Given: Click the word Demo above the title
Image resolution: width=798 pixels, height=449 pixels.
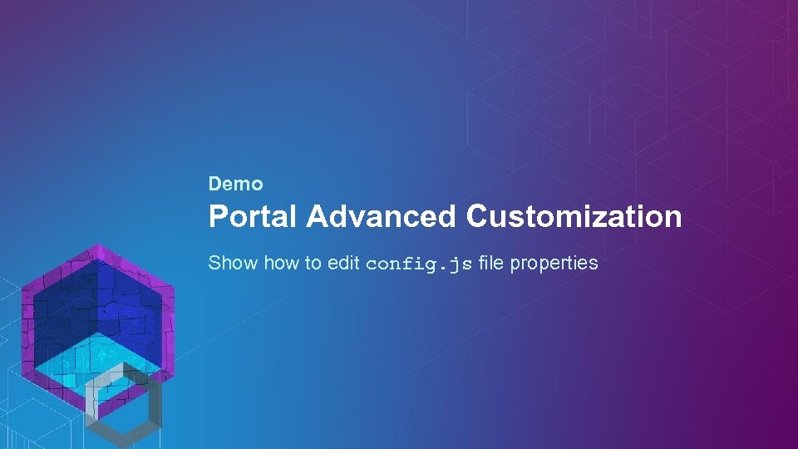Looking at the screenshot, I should point(235,184).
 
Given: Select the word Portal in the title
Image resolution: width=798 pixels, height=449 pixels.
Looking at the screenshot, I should point(252,217).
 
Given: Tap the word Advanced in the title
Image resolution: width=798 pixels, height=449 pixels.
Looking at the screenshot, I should point(381,217).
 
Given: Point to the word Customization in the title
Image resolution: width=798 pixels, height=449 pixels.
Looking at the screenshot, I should point(574,217).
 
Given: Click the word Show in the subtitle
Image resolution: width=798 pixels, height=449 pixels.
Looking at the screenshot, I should point(234,264).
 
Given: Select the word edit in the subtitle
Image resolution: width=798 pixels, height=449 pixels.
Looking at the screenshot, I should point(343,264).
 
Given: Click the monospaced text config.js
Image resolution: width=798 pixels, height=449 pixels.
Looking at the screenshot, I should point(419,264).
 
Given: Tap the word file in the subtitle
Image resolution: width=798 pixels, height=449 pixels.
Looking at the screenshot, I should point(491,264).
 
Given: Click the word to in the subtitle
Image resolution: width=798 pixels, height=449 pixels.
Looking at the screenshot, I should point(313,264).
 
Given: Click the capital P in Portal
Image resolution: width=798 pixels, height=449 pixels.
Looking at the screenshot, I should point(218,217).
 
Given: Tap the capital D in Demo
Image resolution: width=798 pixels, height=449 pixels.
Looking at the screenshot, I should point(214,184).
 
